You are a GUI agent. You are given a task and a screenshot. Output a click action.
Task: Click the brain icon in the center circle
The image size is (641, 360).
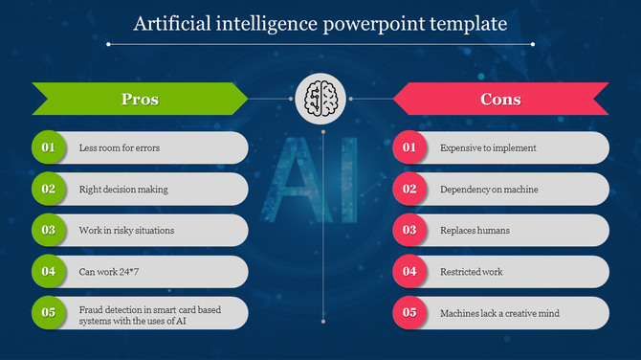(x=320, y=99)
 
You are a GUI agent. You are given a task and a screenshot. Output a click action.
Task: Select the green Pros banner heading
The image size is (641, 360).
(x=140, y=99)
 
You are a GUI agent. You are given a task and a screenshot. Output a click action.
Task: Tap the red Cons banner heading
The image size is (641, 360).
(x=500, y=99)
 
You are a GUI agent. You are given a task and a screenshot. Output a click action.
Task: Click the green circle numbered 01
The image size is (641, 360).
(x=48, y=147)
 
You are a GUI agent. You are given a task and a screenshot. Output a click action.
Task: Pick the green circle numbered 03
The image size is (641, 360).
(x=48, y=230)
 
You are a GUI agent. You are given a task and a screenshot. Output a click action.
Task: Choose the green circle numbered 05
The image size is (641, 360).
(x=48, y=312)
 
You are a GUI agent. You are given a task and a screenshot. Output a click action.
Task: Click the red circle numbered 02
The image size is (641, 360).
(x=409, y=189)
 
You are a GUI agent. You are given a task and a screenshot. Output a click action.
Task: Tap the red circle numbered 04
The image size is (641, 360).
(x=409, y=271)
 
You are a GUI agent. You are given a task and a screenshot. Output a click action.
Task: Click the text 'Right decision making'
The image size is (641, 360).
(x=123, y=190)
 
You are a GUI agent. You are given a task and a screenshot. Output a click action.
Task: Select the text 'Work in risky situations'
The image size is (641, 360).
(x=126, y=231)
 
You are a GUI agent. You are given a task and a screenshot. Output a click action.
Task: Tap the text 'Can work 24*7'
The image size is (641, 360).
(x=109, y=272)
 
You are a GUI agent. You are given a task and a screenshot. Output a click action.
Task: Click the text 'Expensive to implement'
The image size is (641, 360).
(x=488, y=148)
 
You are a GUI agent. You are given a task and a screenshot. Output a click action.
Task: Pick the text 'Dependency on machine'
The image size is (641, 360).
(x=489, y=190)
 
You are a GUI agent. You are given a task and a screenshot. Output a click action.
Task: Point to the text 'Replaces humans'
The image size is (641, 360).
(x=475, y=231)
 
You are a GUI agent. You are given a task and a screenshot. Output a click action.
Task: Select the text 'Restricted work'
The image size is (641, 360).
(x=472, y=272)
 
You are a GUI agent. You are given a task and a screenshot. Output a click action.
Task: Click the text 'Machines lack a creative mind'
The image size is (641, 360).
(x=499, y=313)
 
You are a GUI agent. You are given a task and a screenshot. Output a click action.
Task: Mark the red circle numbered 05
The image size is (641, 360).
(x=409, y=312)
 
